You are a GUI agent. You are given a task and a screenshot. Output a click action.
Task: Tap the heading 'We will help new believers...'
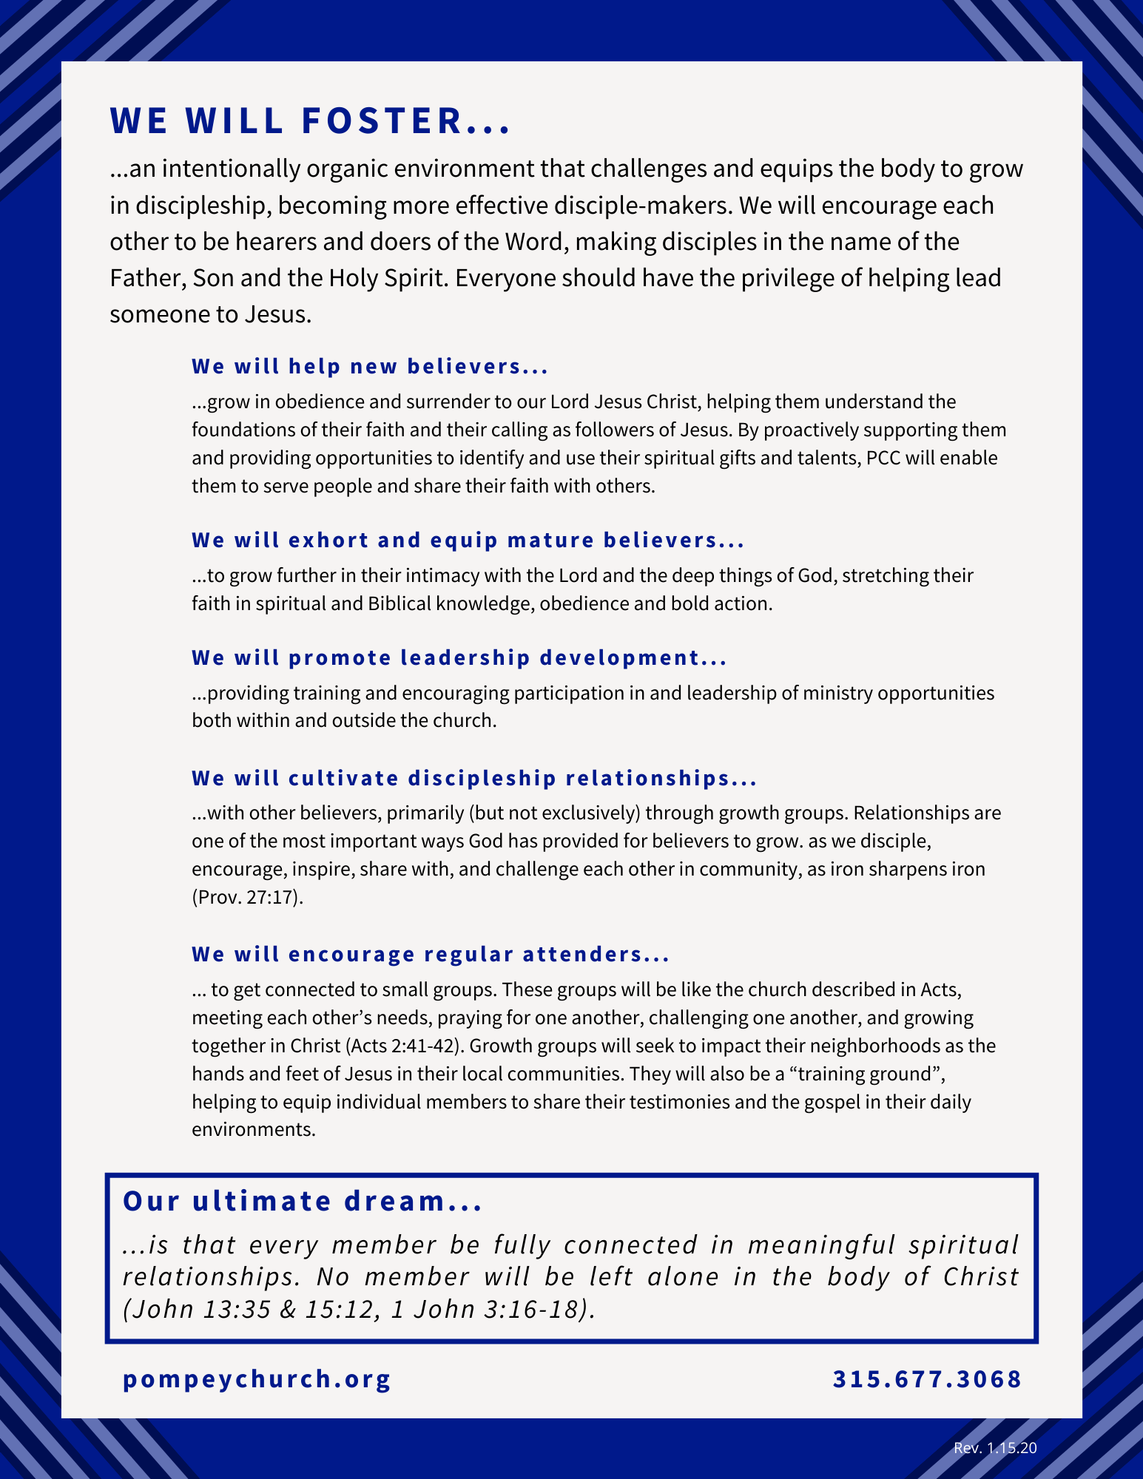click(x=370, y=367)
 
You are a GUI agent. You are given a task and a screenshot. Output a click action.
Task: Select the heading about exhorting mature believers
click(x=468, y=541)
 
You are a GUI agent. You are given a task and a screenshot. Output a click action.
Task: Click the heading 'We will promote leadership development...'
click(x=459, y=658)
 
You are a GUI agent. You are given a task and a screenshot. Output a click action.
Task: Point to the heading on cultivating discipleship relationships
click(x=474, y=779)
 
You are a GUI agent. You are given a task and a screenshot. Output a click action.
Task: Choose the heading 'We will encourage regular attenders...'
click(x=431, y=955)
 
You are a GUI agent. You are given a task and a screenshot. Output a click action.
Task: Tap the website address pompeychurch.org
click(x=257, y=1379)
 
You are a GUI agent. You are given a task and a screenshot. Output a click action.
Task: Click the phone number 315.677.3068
click(x=927, y=1379)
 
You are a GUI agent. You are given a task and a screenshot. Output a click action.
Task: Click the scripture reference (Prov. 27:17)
click(x=248, y=898)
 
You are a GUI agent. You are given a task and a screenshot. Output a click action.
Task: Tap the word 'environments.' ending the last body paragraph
click(x=254, y=1130)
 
